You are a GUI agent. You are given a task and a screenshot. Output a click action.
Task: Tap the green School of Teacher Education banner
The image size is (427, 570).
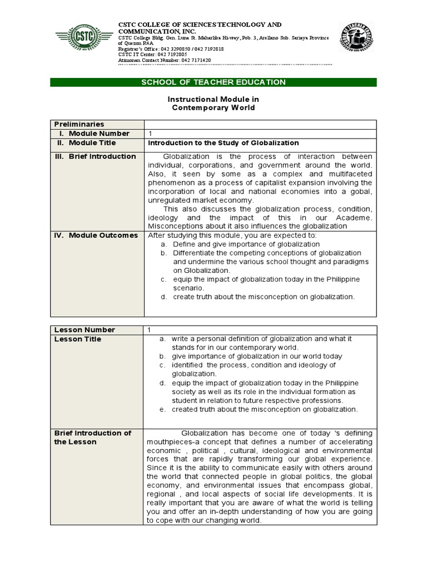213,82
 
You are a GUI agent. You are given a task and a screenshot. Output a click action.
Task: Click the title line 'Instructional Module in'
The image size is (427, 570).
213,99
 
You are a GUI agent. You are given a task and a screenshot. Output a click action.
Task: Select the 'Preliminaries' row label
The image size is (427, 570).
78,124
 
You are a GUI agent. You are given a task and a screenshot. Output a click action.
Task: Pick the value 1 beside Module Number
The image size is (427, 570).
150,134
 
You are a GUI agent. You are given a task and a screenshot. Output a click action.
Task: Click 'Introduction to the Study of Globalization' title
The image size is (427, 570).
223,143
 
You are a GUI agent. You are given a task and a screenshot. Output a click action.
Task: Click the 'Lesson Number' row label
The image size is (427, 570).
85,330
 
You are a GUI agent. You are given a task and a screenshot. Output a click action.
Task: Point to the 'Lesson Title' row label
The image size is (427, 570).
78,339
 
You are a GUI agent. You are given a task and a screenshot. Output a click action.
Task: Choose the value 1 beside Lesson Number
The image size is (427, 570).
150,330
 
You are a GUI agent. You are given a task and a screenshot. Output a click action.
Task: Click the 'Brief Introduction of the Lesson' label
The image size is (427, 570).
92,438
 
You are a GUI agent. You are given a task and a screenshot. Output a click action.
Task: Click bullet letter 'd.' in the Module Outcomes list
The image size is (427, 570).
164,297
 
